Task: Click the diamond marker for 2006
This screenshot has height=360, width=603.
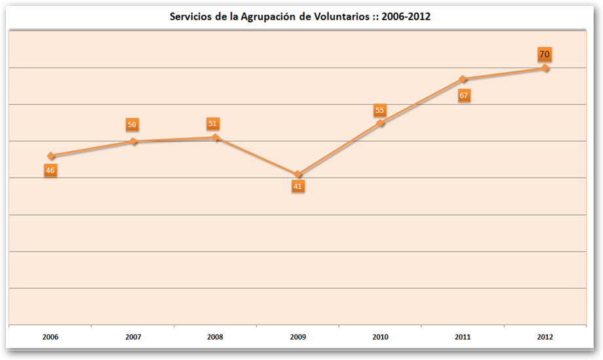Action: pos(50,156)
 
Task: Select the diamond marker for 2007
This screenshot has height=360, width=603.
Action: pos(133,142)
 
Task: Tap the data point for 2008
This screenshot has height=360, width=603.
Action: pos(215,138)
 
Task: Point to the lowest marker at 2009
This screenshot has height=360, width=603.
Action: pos(298,174)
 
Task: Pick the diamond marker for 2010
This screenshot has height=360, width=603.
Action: pos(380,123)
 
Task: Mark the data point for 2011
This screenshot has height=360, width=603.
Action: pos(463,79)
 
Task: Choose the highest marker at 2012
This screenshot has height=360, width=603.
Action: pos(545,68)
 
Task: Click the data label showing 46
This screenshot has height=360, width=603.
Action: pos(50,170)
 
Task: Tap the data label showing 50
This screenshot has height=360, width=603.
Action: pos(132,125)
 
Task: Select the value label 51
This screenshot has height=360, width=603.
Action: pos(212,123)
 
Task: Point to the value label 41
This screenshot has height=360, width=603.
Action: pos(298,186)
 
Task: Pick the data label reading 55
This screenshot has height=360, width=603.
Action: pos(379,110)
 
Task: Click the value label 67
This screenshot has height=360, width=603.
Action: pos(463,96)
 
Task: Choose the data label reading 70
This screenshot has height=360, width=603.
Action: pos(544,54)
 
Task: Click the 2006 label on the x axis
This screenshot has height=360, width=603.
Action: pos(50,337)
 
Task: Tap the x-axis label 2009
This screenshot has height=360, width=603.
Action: pos(298,337)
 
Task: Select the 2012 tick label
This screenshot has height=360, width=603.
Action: pos(545,337)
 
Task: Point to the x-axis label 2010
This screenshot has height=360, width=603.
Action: pos(380,337)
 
